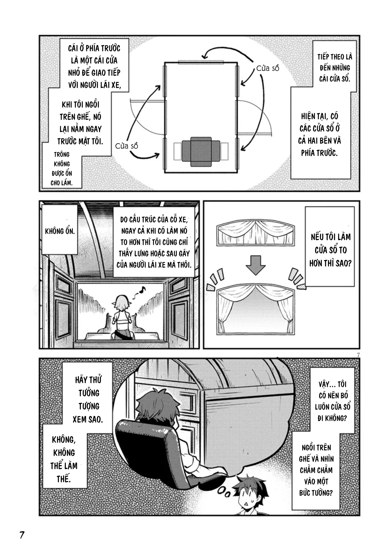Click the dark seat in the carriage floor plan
click(x=201, y=152)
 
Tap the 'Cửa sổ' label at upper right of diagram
click(x=268, y=68)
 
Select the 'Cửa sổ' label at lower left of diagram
click(x=127, y=146)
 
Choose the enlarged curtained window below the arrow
click(x=255, y=309)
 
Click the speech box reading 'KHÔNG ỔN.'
click(x=60, y=231)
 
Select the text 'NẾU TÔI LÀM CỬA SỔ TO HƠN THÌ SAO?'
click(x=330, y=250)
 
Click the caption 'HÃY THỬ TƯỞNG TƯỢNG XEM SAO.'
click(x=88, y=399)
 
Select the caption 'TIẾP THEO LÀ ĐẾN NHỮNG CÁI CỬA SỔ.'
click(x=335, y=68)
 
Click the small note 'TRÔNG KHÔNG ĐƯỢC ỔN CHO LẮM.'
click(x=62, y=169)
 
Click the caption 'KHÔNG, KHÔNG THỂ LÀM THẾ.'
click(x=64, y=459)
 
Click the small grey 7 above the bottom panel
click(x=357, y=355)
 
